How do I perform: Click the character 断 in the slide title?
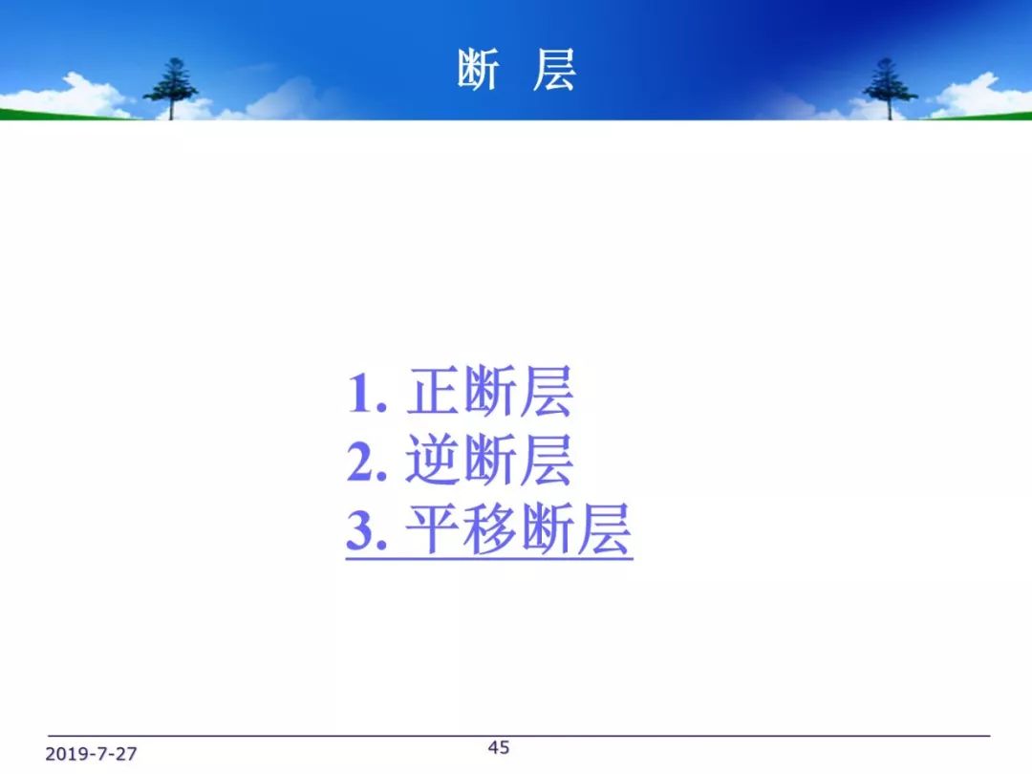pyautogui.click(x=479, y=70)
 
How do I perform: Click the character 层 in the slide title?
pyautogui.click(x=554, y=70)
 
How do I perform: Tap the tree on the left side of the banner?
pyautogui.click(x=170, y=89)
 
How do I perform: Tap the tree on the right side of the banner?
pyautogui.click(x=890, y=89)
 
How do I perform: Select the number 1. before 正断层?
pyautogui.click(x=367, y=393)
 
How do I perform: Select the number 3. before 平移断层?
pyautogui.click(x=367, y=530)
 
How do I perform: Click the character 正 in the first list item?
pyautogui.click(x=433, y=392)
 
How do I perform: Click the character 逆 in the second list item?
pyautogui.click(x=433, y=460)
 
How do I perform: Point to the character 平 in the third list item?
pyautogui.click(x=433, y=529)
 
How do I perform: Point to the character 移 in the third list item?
pyautogui.click(x=489, y=529)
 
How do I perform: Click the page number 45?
pyautogui.click(x=498, y=747)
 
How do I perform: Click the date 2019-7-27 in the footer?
pyautogui.click(x=91, y=754)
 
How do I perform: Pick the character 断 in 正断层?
pyautogui.click(x=489, y=392)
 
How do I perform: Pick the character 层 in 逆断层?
pyautogui.click(x=547, y=460)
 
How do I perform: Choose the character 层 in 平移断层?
pyautogui.click(x=604, y=529)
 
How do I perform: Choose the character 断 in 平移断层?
pyautogui.click(x=548, y=529)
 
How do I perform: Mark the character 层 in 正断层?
pyautogui.click(x=547, y=392)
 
